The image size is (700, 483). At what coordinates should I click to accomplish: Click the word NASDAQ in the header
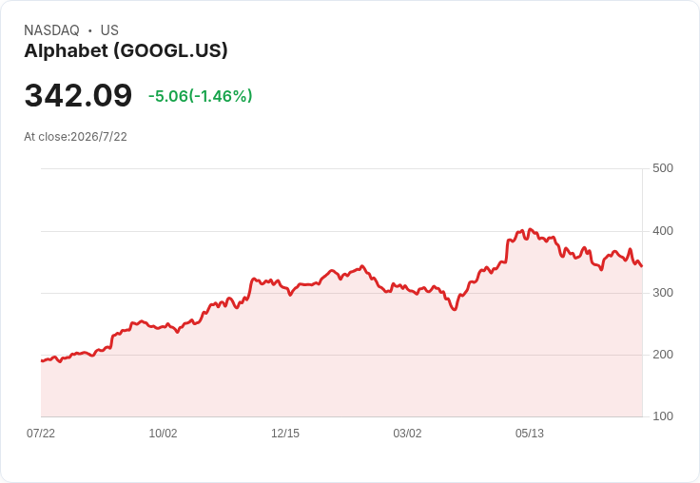tap(51, 30)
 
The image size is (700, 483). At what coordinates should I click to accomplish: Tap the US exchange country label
tap(109, 30)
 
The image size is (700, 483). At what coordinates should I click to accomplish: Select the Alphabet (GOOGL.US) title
tap(126, 51)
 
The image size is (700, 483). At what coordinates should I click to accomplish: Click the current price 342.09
tap(78, 95)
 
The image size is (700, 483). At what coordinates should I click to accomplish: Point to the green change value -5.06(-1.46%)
tap(201, 96)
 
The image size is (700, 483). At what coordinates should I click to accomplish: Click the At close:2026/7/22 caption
tap(75, 137)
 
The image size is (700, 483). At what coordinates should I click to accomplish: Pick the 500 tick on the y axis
tap(663, 168)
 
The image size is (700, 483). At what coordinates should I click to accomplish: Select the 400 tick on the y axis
tap(663, 231)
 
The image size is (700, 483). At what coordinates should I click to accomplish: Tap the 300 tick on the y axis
tap(663, 293)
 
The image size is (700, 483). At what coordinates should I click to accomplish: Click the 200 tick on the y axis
tap(663, 355)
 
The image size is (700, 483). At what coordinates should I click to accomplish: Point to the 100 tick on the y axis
tap(663, 416)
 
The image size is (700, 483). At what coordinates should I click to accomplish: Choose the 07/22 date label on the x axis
tap(41, 434)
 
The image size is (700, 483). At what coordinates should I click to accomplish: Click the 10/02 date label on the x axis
tap(163, 434)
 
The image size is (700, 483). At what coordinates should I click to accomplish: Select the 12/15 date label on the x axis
tap(285, 434)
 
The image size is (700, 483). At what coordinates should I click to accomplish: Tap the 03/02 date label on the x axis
tap(407, 434)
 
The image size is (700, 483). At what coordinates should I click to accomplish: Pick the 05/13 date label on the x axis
tap(530, 434)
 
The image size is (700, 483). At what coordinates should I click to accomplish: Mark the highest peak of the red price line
tap(530, 229)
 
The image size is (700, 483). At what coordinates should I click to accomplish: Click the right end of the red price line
tap(642, 266)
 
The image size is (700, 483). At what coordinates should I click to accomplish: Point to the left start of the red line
tap(42, 360)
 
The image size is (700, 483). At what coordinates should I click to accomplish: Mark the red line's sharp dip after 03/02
tap(455, 309)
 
